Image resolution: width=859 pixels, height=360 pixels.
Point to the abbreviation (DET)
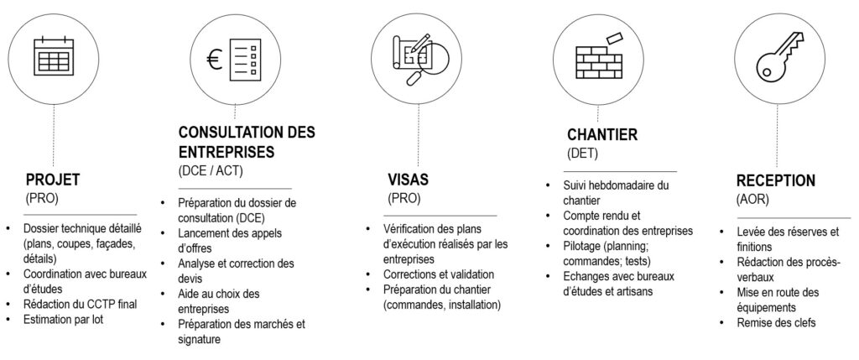coord(581,154)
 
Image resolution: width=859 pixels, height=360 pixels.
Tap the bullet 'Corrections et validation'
coord(438,274)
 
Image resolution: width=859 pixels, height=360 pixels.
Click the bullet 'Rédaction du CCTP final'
coord(79,304)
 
